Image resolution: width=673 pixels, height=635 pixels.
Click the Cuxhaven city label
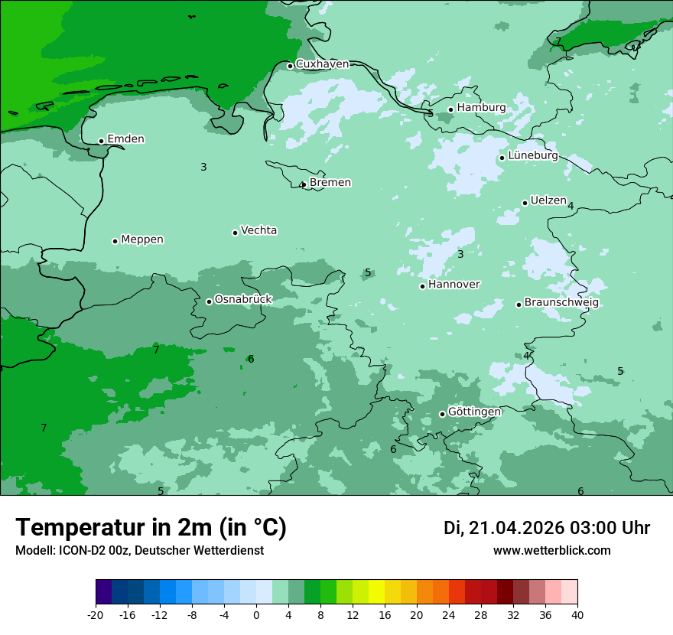[x=322, y=64]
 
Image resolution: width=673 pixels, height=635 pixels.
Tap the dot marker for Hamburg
[x=451, y=109]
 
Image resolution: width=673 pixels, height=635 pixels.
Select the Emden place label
[x=125, y=138]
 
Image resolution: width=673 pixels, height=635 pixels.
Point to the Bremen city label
[x=330, y=182]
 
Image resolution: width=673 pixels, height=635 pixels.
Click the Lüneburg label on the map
[x=533, y=155]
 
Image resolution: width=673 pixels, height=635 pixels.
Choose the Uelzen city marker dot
[x=525, y=203]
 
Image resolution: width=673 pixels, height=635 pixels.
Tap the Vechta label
[x=258, y=230]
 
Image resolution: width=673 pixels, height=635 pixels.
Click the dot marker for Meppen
[x=115, y=241]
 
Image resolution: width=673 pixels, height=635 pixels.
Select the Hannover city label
[x=454, y=285]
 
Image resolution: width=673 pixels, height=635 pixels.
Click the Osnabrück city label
[x=243, y=299]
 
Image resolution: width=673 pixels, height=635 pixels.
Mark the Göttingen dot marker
[x=442, y=414]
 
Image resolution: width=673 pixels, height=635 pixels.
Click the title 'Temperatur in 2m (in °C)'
[x=151, y=528]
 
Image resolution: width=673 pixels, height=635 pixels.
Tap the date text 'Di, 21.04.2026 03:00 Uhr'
[x=547, y=528]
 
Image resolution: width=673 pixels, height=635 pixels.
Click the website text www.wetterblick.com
[x=551, y=551]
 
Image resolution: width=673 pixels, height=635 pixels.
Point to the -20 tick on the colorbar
[x=96, y=614]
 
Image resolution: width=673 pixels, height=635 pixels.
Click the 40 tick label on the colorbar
[x=577, y=614]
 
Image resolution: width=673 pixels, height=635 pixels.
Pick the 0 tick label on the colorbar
[x=256, y=614]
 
